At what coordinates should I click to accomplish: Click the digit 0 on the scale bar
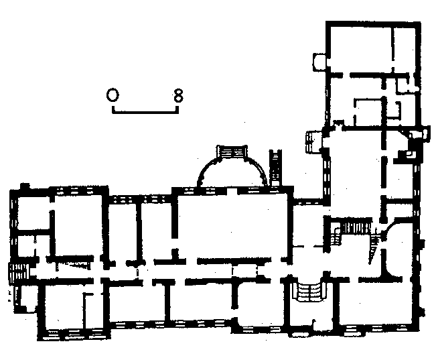(113, 95)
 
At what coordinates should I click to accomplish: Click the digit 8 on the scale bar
(179, 96)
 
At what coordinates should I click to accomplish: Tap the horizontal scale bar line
(145, 113)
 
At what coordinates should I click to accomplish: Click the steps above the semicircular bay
(232, 152)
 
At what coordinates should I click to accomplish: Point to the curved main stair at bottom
(309, 291)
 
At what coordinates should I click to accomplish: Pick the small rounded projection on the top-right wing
(319, 62)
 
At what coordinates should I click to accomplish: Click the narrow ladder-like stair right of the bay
(275, 168)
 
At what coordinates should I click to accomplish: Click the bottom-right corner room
(376, 302)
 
